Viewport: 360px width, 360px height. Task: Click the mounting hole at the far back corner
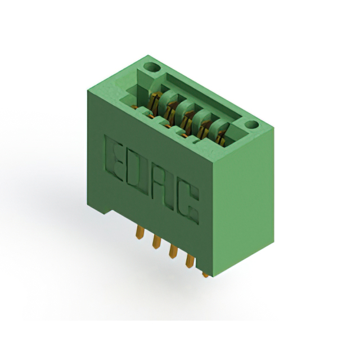(x=150, y=68)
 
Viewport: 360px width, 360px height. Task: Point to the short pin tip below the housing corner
(x=206, y=274)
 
